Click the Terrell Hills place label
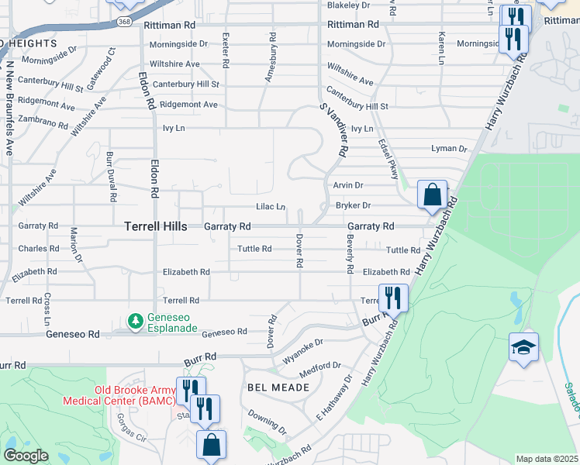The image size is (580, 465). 155,226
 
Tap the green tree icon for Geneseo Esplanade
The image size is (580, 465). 136,320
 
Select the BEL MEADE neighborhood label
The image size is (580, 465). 272,386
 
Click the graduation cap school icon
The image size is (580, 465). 523,348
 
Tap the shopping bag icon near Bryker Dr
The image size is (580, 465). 432,195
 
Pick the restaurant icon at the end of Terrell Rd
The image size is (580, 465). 393,298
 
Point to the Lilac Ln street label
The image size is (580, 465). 271,207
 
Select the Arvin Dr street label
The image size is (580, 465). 348,186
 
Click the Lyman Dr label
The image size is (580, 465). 450,149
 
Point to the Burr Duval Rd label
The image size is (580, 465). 110,172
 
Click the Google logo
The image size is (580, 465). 25,456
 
